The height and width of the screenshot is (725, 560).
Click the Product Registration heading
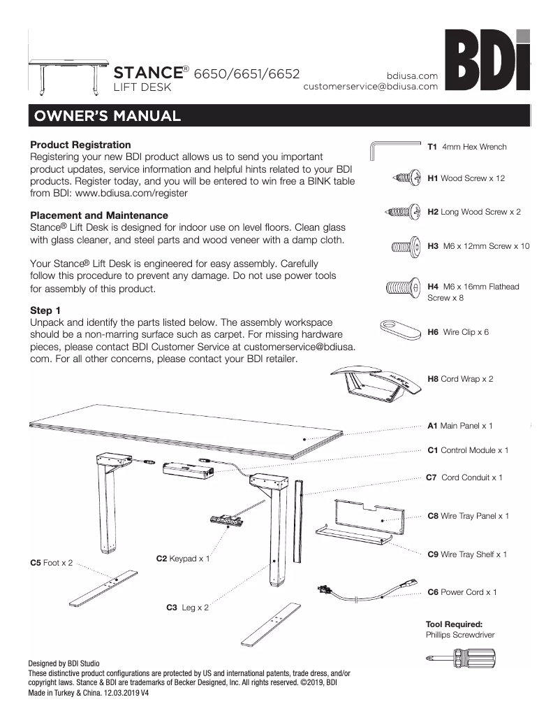tap(80, 145)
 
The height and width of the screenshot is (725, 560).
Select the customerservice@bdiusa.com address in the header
tap(370, 87)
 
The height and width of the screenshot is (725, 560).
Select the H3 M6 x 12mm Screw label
tap(478, 246)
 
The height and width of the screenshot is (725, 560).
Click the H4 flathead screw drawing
tap(402, 287)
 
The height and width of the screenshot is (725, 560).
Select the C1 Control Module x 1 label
tap(467, 450)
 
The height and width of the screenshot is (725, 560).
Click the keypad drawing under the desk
tap(227, 519)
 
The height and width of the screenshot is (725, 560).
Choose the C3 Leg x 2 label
tap(187, 608)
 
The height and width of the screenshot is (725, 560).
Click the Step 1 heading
tap(47, 309)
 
